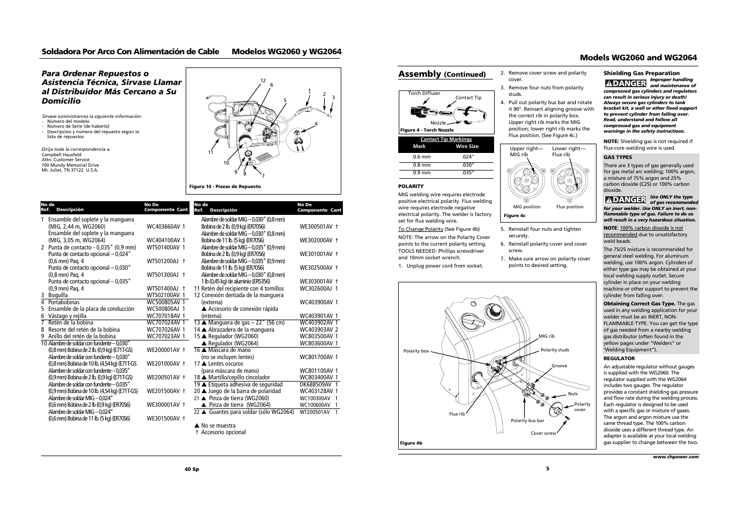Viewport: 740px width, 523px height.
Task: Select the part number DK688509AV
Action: (315, 384)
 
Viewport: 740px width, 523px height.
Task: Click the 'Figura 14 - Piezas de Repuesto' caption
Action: (225, 186)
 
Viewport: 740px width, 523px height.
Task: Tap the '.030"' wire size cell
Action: (467, 165)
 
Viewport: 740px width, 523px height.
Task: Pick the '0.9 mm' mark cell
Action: (422, 173)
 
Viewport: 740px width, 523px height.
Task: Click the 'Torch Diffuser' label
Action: (424, 93)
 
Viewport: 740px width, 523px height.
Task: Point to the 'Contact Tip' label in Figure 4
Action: (468, 98)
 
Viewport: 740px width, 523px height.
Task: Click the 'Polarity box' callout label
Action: (416, 351)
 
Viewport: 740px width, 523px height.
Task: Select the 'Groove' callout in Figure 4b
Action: (559, 366)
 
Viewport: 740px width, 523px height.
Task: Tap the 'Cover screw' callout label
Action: (543, 433)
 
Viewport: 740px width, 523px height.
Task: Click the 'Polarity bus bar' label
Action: (527, 420)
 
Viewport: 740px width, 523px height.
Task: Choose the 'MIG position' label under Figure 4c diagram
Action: (526, 207)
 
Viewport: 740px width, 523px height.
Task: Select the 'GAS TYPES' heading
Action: (617, 157)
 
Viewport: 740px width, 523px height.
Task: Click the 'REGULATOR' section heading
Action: (619, 359)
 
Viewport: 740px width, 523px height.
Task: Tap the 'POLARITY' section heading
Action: (411, 186)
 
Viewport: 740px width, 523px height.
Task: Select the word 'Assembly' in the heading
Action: (420, 74)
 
